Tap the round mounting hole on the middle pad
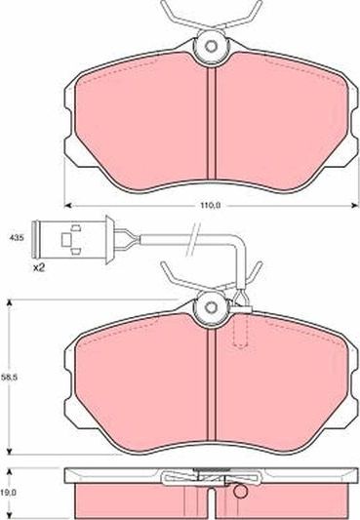209,310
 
